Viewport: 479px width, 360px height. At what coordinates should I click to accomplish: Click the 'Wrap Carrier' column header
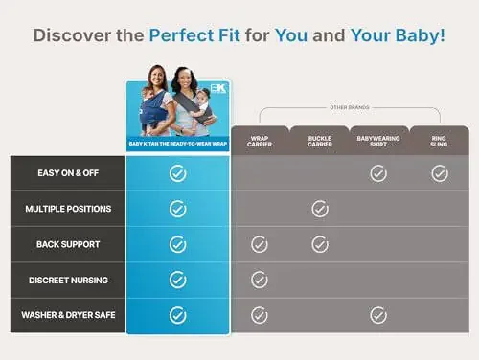click(259, 140)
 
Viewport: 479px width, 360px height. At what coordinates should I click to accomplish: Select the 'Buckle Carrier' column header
click(319, 140)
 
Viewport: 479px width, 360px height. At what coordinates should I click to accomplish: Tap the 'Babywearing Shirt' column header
click(378, 140)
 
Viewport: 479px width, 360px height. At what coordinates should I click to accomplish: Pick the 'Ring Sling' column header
click(439, 140)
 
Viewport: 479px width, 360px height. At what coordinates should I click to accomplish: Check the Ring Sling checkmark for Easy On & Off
click(440, 173)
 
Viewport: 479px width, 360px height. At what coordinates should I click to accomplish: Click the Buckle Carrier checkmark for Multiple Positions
click(320, 209)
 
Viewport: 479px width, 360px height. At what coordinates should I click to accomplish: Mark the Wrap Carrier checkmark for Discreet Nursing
click(260, 280)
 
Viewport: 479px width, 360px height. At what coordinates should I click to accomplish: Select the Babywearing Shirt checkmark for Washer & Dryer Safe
click(378, 315)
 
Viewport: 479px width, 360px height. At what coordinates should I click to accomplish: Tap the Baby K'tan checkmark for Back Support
click(177, 244)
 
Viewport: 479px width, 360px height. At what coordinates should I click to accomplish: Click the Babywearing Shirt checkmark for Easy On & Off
click(378, 173)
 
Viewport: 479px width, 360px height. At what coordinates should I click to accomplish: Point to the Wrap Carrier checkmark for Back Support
click(260, 244)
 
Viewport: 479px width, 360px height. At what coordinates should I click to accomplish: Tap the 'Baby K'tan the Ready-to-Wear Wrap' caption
click(177, 144)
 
